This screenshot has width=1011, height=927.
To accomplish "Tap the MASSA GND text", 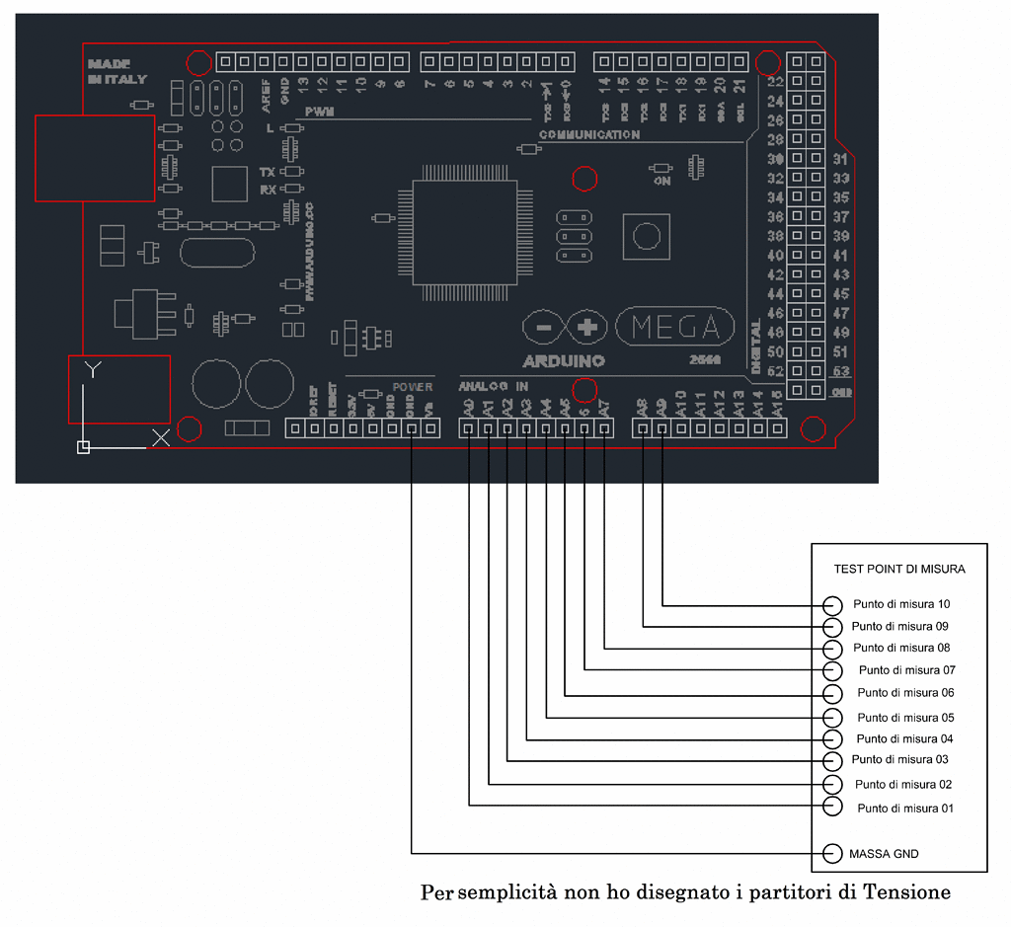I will click(884, 853).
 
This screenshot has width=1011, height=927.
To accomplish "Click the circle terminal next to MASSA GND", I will click(832, 853).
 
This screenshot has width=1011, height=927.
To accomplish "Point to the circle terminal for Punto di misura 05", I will click(832, 718).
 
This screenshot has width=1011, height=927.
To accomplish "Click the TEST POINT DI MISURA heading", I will click(899, 570).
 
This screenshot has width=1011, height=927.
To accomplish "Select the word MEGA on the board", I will click(674, 327).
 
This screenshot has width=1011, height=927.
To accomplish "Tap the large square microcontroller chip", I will click(464, 232).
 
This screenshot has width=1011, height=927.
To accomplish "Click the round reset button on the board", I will click(647, 236).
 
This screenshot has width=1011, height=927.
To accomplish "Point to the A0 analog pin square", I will click(469, 428).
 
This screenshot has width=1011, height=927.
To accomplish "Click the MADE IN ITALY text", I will click(117, 71).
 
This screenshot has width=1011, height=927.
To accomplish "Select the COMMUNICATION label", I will click(589, 134).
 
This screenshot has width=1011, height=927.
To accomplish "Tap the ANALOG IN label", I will click(493, 387).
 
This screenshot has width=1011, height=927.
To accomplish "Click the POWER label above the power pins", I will click(413, 387).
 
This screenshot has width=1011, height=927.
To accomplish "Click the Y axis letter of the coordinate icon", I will click(92, 370).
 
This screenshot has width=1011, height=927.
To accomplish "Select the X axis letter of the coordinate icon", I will click(161, 438).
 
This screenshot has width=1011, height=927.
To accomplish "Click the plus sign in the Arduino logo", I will click(587, 327).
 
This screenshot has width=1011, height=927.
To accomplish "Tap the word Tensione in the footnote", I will click(906, 892).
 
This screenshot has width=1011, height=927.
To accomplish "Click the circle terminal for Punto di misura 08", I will click(832, 649).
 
